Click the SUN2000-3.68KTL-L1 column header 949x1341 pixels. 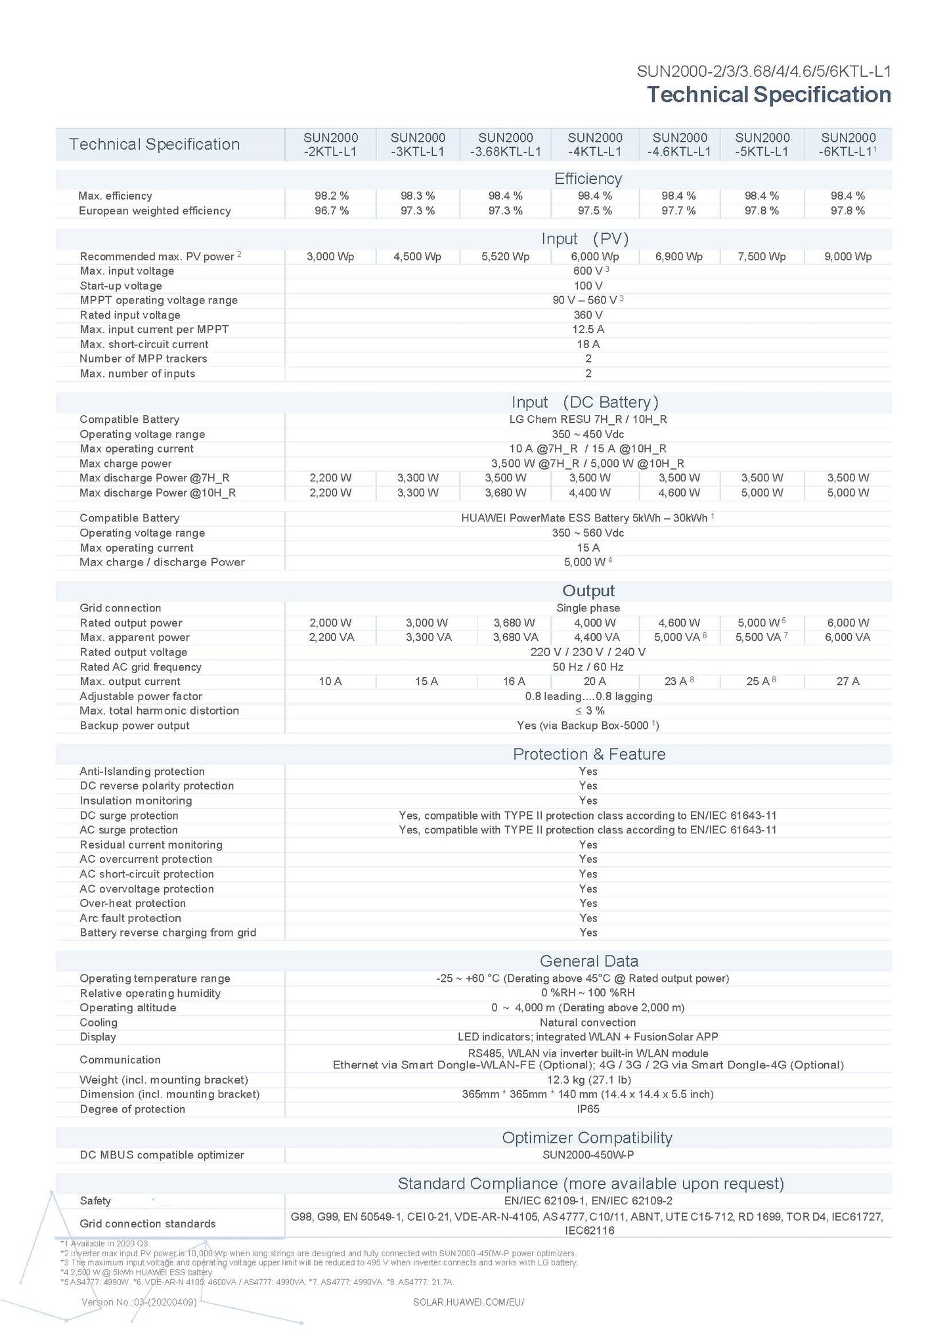(505, 144)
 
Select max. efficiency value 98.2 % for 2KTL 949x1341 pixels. (331, 196)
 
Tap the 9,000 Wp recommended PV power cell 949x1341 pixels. (848, 257)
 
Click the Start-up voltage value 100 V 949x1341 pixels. (588, 286)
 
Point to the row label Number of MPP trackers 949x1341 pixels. (143, 359)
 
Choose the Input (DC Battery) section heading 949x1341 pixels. (585, 402)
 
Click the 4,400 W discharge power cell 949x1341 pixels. (595, 493)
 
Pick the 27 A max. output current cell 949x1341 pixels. (847, 682)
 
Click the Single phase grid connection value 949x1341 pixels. (588, 608)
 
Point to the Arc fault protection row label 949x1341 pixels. (130, 918)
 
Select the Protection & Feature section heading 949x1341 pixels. (588, 754)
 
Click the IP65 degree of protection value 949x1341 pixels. (588, 1109)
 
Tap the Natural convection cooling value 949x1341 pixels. (588, 1022)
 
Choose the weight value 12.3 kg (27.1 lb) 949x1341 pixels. (588, 1080)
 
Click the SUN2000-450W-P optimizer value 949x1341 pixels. (588, 1155)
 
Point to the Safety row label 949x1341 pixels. (95, 1201)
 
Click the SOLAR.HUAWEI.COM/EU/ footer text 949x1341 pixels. (468, 1302)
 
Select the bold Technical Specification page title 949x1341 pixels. (768, 95)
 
